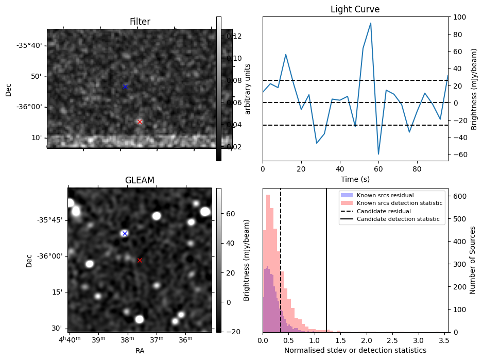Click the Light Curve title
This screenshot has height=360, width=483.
coord(355,10)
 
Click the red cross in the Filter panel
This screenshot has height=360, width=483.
coord(140,122)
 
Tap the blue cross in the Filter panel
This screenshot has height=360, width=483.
coord(125,87)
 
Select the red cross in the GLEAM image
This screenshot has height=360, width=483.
coord(140,260)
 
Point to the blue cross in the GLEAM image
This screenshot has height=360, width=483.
coord(124,233)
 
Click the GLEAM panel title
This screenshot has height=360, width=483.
coord(140,180)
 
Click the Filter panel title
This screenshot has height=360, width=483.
coord(140,22)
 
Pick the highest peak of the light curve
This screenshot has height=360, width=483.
coord(370,23)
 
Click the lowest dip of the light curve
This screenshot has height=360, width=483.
coord(378,154)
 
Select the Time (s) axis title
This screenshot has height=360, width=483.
coord(355,179)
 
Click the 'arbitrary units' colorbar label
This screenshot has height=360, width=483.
coord(248,89)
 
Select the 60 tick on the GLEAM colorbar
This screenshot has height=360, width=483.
coord(228,214)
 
